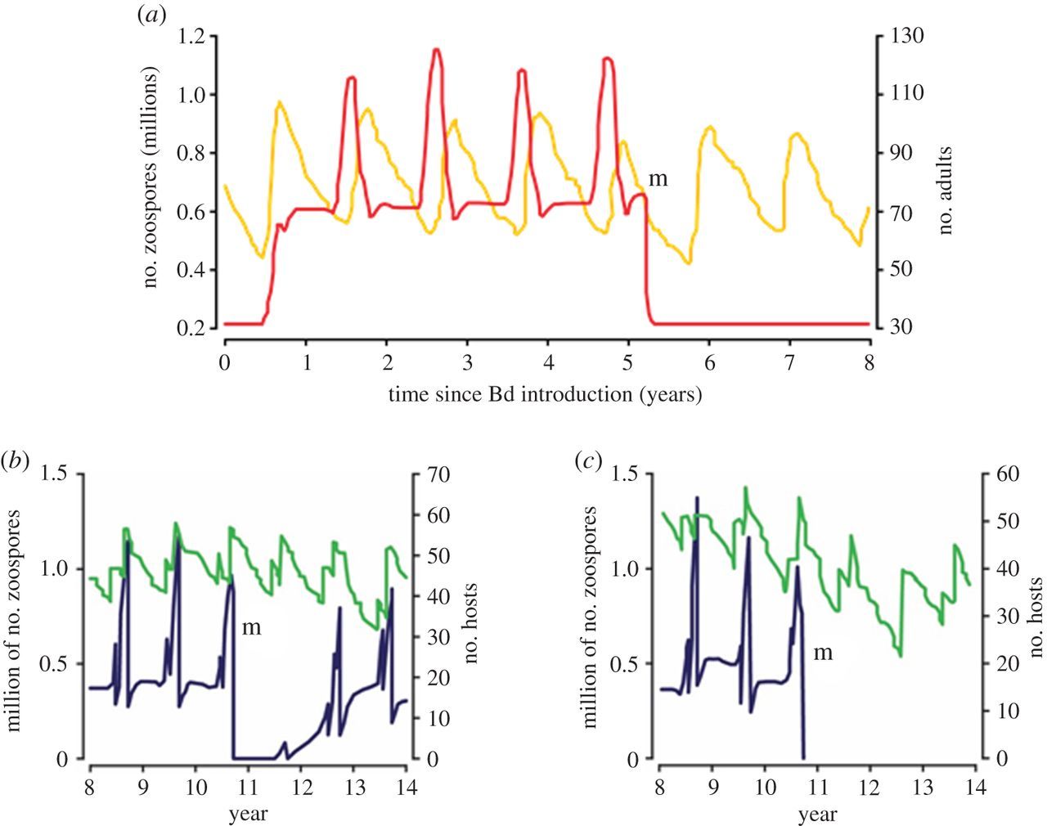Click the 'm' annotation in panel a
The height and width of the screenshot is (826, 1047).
[x=658, y=179]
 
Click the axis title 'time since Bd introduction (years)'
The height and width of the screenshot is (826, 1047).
[x=546, y=394]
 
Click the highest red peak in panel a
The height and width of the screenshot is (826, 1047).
[x=437, y=51]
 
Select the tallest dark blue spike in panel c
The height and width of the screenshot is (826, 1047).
[x=697, y=497]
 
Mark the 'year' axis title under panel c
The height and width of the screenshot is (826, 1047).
[x=817, y=815]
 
